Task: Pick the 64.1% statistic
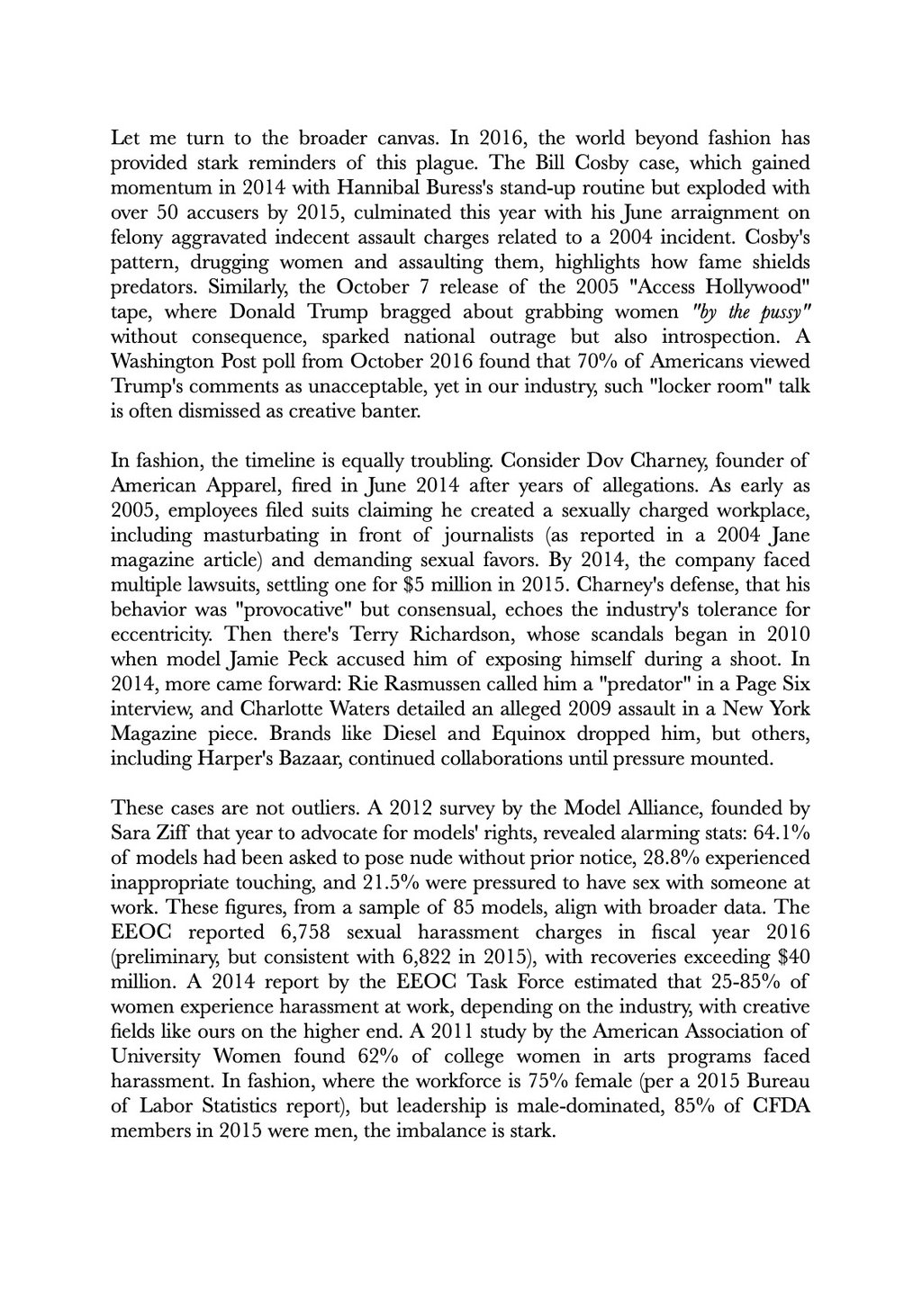(776, 832)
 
